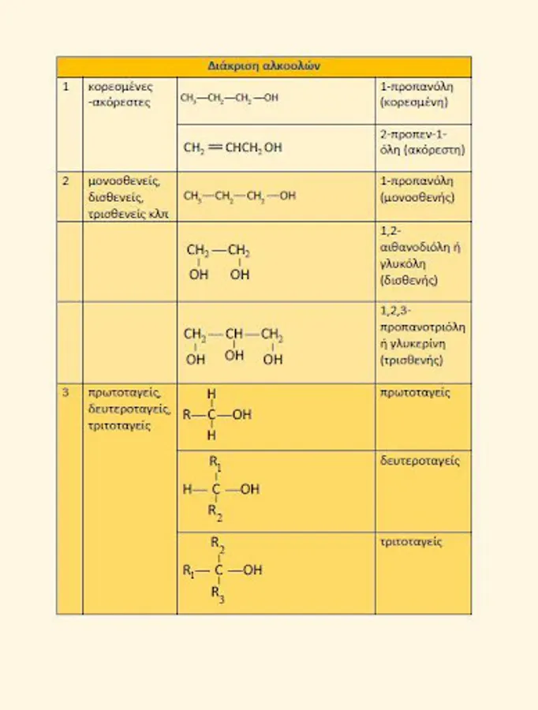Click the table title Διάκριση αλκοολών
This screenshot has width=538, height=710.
click(263, 66)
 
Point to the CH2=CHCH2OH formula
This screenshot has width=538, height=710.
click(233, 148)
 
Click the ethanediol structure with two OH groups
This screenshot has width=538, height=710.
click(219, 262)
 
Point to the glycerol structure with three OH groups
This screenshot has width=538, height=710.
click(234, 346)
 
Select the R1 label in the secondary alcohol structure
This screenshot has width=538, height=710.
click(215, 464)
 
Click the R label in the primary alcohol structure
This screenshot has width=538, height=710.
click(186, 414)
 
